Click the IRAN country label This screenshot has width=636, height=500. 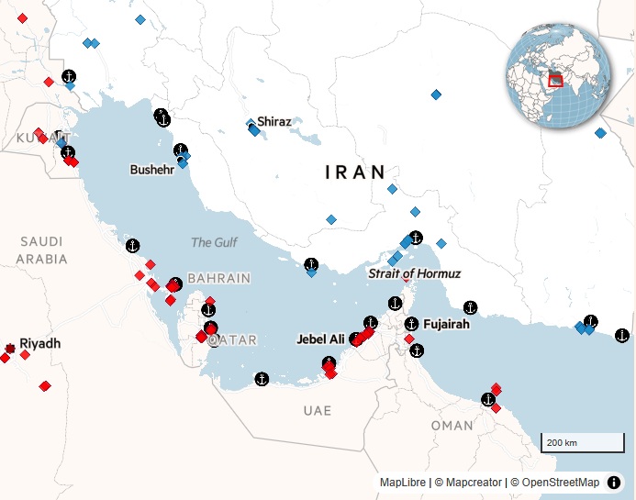click(x=355, y=172)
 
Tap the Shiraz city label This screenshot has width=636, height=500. click(x=274, y=121)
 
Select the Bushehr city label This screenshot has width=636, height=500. click(x=151, y=170)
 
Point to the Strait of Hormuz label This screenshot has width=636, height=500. click(x=414, y=273)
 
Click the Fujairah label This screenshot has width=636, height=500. click(x=446, y=325)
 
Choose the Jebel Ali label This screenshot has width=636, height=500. click(x=320, y=339)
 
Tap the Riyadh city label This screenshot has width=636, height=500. click(x=39, y=344)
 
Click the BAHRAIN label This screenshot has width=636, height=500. click(x=218, y=278)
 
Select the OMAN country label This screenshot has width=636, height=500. click(x=452, y=426)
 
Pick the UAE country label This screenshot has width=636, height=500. click(x=318, y=410)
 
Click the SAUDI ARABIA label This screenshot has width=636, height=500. click(x=41, y=250)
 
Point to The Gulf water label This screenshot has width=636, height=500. click(x=214, y=243)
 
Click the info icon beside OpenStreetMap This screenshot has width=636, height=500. click(x=614, y=483)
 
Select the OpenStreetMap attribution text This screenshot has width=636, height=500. click(x=554, y=483)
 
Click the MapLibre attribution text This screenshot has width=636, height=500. click(x=403, y=483)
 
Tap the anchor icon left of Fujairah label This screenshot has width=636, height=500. click(x=412, y=324)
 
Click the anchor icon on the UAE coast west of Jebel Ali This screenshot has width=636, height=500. click(x=262, y=379)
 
